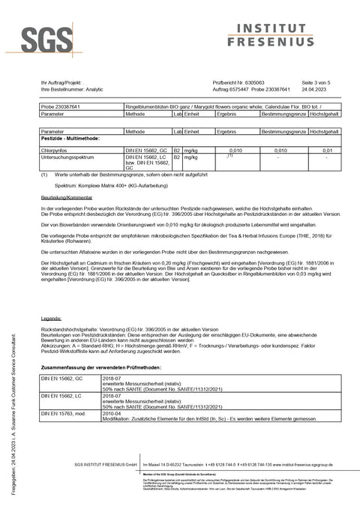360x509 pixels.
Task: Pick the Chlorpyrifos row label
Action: tap(54, 150)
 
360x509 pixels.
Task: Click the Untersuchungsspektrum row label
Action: tap(64, 157)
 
